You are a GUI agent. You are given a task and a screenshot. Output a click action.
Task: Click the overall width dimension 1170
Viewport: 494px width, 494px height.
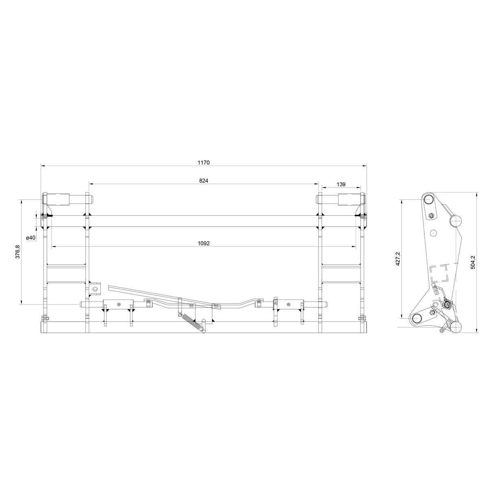pyautogui.click(x=203, y=162)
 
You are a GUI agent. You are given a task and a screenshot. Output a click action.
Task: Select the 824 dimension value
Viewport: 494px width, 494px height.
pyautogui.click(x=203, y=181)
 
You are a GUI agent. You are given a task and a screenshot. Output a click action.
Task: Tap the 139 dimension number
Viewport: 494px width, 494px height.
pyautogui.click(x=341, y=184)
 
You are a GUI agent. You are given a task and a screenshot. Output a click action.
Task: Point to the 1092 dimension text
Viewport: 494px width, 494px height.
pyautogui.click(x=203, y=243)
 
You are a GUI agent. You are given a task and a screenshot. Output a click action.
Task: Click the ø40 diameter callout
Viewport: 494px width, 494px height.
pyautogui.click(x=31, y=238)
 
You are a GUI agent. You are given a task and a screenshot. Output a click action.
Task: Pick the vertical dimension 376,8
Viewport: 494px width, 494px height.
pyautogui.click(x=17, y=252)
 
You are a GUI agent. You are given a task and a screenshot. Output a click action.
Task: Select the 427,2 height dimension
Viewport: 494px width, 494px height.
pyautogui.click(x=398, y=258)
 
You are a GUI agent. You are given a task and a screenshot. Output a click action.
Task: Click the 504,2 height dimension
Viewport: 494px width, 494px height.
pyautogui.click(x=473, y=262)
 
